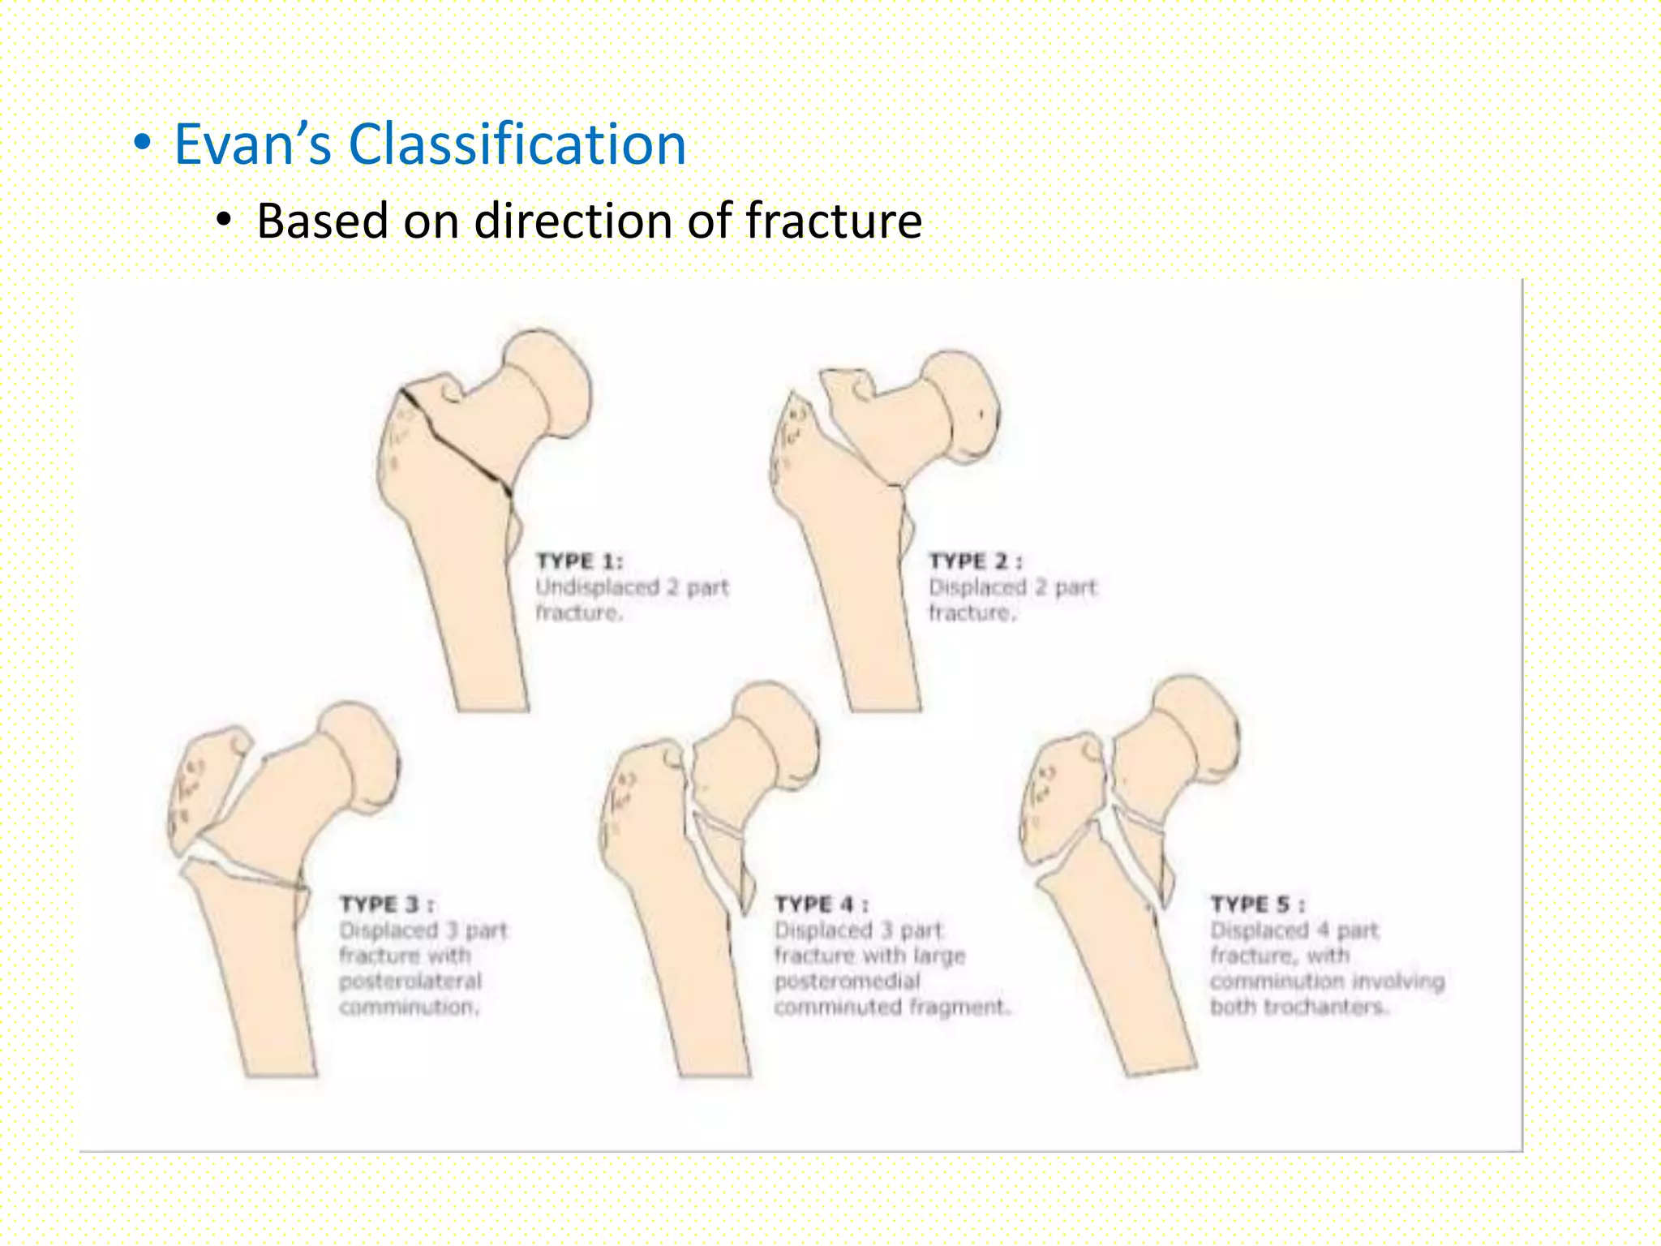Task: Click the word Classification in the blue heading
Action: click(x=517, y=144)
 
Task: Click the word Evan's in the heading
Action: click(x=253, y=144)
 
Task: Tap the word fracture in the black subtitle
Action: click(x=834, y=221)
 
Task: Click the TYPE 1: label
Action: click(x=579, y=561)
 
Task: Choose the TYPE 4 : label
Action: click(x=821, y=904)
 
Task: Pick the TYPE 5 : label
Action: click(x=1257, y=904)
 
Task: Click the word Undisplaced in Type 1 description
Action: click(x=597, y=587)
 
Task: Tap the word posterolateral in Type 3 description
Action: click(x=410, y=982)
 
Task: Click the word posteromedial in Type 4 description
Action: click(x=847, y=982)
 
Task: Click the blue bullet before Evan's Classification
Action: click(x=143, y=144)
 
